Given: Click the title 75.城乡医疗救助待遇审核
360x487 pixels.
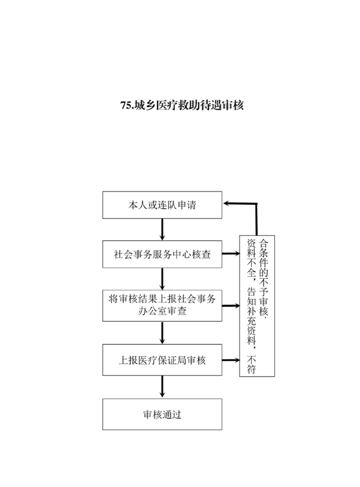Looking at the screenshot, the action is pyautogui.click(x=182, y=105).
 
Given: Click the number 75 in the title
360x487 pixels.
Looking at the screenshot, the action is pyautogui.click(x=125, y=106).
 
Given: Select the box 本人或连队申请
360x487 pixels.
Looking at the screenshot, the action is pyautogui.click(x=162, y=205).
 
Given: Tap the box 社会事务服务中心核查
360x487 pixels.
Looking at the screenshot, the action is pyautogui.click(x=162, y=254).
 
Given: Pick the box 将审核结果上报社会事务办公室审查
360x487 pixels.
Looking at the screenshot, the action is pyautogui.click(x=162, y=305).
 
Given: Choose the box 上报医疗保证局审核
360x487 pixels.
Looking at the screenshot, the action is pyautogui.click(x=162, y=360).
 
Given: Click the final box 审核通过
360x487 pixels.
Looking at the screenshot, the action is pyautogui.click(x=162, y=414).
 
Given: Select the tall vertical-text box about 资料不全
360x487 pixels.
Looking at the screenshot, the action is pyautogui.click(x=257, y=306).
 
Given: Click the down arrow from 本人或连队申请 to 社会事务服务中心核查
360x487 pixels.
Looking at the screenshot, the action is pyautogui.click(x=162, y=229).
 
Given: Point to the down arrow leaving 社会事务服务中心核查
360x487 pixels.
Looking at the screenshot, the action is pyautogui.click(x=162, y=279).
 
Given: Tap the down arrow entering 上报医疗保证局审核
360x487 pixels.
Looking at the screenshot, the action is pyautogui.click(x=162, y=333).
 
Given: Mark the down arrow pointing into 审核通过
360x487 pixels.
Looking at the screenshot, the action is pyautogui.click(x=162, y=387).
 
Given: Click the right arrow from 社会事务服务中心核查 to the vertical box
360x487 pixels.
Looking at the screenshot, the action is pyautogui.click(x=231, y=254).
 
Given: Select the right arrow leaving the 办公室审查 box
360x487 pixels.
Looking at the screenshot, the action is pyautogui.click(x=231, y=306).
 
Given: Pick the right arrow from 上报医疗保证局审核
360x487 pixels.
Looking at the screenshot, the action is pyautogui.click(x=231, y=360).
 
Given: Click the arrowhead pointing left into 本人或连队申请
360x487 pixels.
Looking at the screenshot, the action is pyautogui.click(x=226, y=203).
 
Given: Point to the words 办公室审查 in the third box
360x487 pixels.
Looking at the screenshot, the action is pyautogui.click(x=162, y=311).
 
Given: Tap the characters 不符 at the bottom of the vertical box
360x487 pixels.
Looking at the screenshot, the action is pyautogui.click(x=251, y=365).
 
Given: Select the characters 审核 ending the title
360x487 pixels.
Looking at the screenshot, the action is pyautogui.click(x=233, y=105).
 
